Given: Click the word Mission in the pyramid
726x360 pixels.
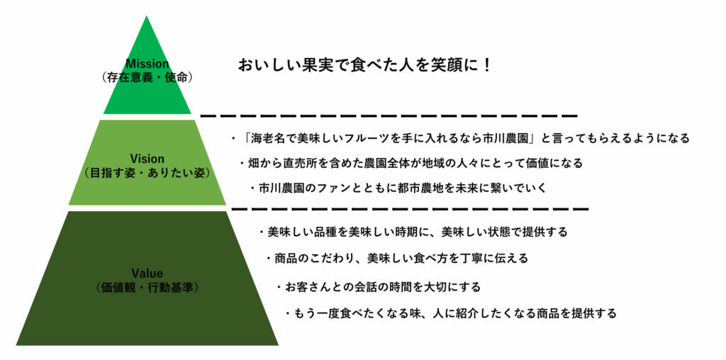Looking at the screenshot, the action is [147, 64].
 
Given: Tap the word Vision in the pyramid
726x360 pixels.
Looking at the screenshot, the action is [147, 159].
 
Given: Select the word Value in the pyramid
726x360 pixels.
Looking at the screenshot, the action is [147, 273].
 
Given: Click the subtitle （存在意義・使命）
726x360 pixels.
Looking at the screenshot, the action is [147, 77].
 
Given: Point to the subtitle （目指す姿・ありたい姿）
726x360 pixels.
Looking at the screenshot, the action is [147, 173].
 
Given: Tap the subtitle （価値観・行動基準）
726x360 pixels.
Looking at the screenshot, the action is [147, 287].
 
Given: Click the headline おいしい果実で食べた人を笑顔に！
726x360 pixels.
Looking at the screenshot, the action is [364, 64].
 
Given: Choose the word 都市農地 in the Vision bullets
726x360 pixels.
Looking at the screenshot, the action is [409, 189].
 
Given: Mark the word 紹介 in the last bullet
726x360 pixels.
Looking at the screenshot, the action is [464, 314].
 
